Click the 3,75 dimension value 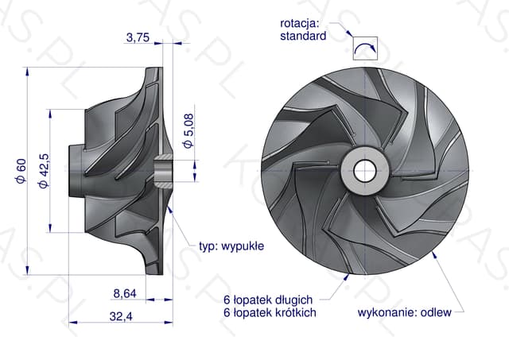click(138, 37)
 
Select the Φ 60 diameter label click(21, 171)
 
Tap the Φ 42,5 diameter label click(44, 171)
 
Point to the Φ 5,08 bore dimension click(188, 131)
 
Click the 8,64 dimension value click(125, 294)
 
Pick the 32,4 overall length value click(121, 316)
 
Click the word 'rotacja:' click(300, 23)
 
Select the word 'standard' click(303, 36)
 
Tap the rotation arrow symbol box click(366, 48)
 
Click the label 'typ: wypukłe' click(231, 246)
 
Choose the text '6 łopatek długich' click(268, 300)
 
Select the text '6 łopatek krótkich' click(270, 312)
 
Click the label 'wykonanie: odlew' click(405, 312)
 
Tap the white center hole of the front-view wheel click(365, 171)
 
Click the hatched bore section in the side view click(164, 171)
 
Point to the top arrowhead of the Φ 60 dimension click(27, 72)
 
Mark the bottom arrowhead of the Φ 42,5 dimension click(50, 228)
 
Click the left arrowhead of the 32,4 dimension click(73, 323)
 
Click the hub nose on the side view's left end click(76, 171)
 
